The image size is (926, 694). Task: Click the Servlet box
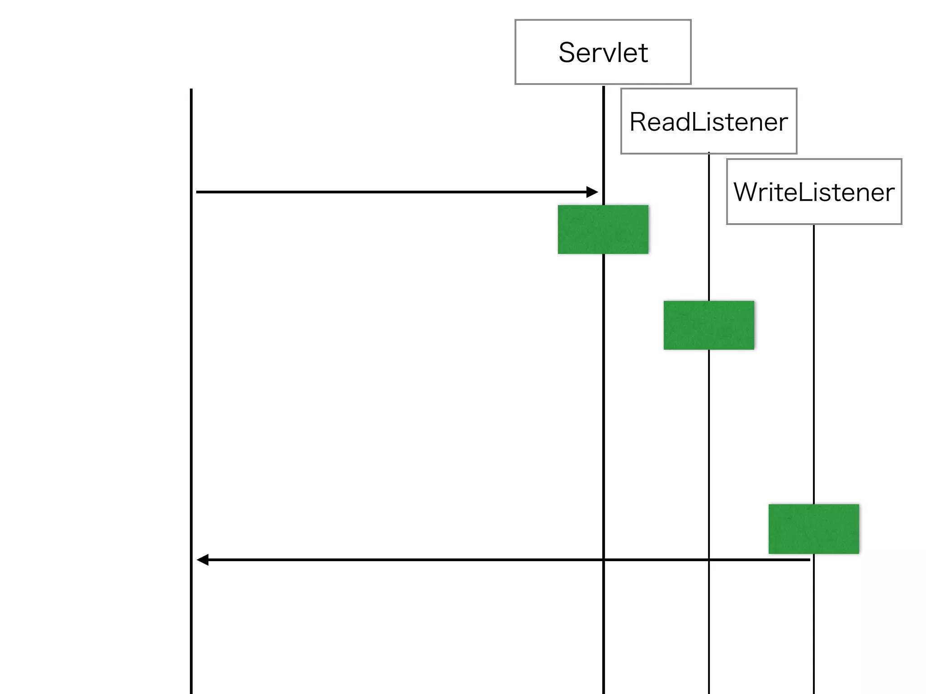[x=603, y=52]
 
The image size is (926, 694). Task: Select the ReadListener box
[x=709, y=121]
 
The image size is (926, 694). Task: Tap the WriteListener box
[x=814, y=192]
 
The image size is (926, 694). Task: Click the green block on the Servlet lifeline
[x=603, y=230]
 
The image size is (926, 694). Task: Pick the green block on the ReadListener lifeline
[x=709, y=325]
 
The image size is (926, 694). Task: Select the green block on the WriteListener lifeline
[x=813, y=529]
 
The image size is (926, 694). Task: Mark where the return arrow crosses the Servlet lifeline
[x=604, y=560]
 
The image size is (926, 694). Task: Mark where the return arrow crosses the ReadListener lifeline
[x=709, y=560]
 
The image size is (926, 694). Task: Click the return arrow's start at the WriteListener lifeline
[x=809, y=560]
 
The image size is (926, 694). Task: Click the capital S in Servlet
[x=568, y=52]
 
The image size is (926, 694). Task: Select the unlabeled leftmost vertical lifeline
[x=191, y=361]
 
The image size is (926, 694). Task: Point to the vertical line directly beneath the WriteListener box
[x=814, y=361]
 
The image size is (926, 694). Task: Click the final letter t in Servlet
[x=643, y=53]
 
